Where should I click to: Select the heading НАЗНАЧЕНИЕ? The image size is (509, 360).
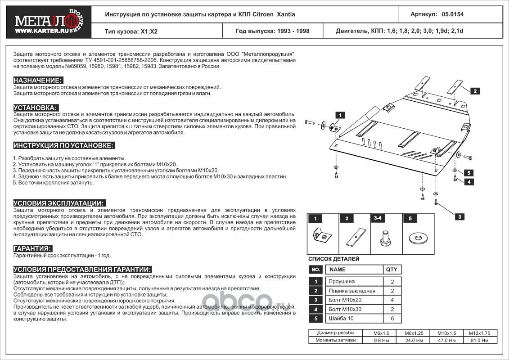[x=38, y=80]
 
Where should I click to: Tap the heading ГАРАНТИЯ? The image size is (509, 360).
[x=32, y=248]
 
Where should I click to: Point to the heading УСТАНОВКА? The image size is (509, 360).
[x=36, y=108]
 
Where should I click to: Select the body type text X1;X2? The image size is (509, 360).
[x=149, y=31]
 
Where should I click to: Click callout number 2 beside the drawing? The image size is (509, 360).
[x=474, y=91]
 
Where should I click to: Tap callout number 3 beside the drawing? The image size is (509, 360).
[x=459, y=217]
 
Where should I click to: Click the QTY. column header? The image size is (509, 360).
[x=392, y=270]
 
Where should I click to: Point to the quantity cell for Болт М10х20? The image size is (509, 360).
[x=392, y=300]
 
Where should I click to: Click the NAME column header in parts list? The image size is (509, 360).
[x=338, y=270]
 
